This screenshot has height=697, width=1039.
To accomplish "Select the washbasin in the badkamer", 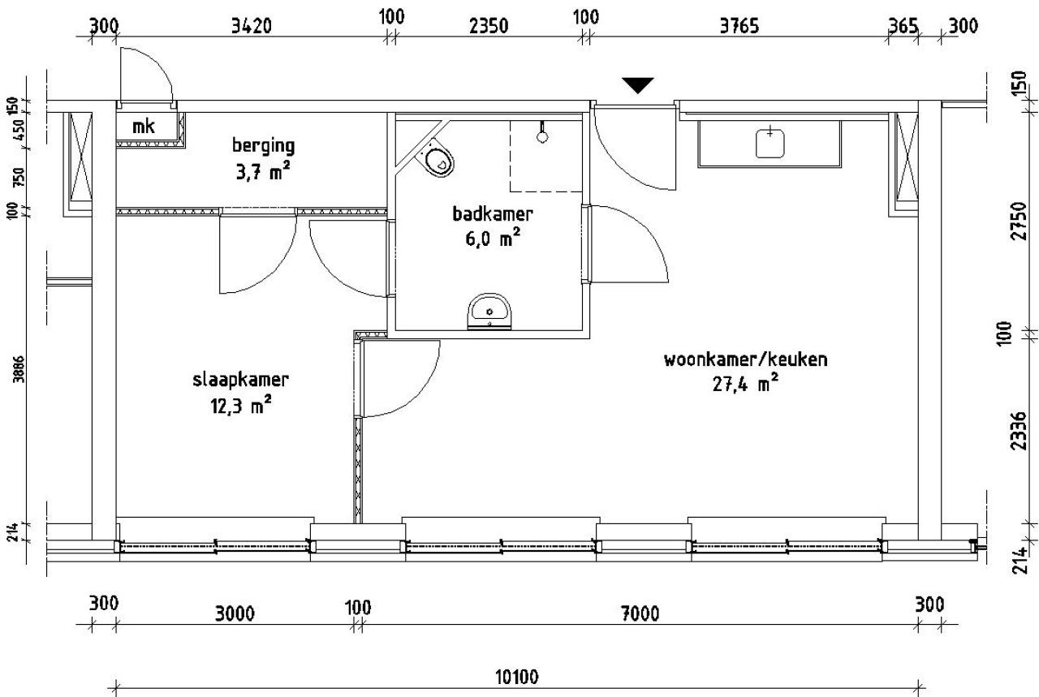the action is tap(489, 312).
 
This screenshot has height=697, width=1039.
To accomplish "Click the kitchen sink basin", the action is tap(770, 144).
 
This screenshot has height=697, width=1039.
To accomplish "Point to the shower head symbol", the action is tap(541, 132).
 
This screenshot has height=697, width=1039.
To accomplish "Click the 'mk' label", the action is tap(144, 126).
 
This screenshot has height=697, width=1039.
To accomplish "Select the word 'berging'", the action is tap(263, 145).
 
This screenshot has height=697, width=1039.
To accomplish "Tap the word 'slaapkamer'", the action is tap(240, 380).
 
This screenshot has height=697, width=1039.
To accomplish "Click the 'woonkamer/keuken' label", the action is tap(745, 359).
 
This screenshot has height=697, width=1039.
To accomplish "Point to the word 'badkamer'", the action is tap(492, 213).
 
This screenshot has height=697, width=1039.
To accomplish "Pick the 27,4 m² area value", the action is tap(745, 384).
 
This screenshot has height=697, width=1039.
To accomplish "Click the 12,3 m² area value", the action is tap(240, 406).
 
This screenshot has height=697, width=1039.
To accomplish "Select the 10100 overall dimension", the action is tap(517, 677).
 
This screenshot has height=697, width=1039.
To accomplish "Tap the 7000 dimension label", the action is tap(640, 613).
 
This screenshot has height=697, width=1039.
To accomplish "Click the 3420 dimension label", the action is tap(251, 26).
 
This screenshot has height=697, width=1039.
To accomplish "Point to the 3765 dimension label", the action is tap(739, 25).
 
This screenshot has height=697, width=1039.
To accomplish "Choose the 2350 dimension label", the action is tap(489, 26).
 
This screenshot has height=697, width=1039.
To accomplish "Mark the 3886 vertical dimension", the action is tap(18, 369).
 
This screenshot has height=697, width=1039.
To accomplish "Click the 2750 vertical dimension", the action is tap(1019, 220).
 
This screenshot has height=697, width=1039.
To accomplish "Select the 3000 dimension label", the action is tap(235, 613).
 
